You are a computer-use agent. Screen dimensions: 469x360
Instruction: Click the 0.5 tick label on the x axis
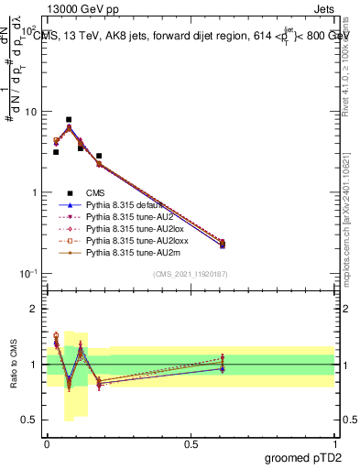[x=191, y=442]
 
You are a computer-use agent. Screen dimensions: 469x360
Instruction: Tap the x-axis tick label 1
[x=335, y=442]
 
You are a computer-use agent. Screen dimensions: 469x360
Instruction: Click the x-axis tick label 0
[x=48, y=442]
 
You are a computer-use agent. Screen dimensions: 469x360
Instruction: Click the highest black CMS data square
[x=69, y=119]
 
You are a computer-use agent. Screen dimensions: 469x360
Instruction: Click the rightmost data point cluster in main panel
[x=223, y=244]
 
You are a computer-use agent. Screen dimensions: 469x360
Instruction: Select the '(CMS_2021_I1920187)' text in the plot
[x=191, y=274]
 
